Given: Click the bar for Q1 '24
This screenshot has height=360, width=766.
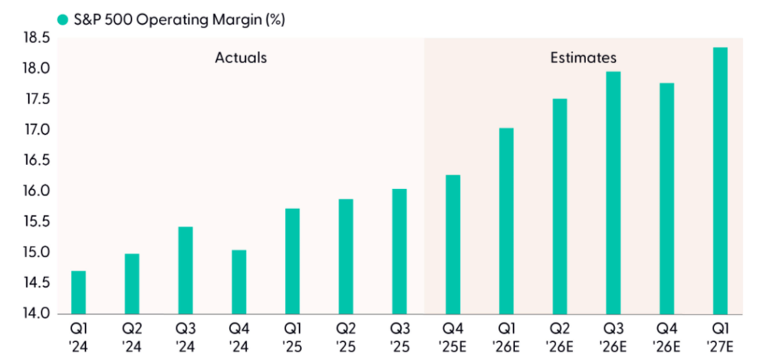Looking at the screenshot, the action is (x=78, y=292).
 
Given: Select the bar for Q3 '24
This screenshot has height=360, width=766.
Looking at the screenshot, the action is (x=186, y=270).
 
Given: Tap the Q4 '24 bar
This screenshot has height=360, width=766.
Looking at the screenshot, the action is (x=239, y=282).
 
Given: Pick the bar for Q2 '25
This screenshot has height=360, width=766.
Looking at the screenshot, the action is (x=346, y=257).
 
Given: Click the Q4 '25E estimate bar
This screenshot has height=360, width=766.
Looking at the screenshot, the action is (x=453, y=244).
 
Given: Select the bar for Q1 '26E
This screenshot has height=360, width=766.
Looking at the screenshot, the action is (x=506, y=221).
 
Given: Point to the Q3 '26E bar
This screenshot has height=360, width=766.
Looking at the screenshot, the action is (x=613, y=193).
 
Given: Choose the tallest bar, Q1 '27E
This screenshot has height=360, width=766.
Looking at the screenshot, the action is (x=720, y=181).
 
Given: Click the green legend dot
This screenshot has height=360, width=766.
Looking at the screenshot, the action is (x=63, y=20).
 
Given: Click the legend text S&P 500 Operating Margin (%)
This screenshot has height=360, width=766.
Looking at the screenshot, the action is (x=179, y=20).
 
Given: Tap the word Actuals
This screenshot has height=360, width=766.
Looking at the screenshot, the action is (x=241, y=57).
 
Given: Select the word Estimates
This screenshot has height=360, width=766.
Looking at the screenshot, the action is (x=583, y=57).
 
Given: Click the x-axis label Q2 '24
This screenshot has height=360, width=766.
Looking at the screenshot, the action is (x=132, y=337).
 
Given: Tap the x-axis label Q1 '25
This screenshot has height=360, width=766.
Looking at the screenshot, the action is (x=293, y=337).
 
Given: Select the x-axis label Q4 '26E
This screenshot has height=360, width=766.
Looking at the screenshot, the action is (x=667, y=337).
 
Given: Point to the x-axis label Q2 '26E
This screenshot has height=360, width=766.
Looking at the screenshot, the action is (x=560, y=337).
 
